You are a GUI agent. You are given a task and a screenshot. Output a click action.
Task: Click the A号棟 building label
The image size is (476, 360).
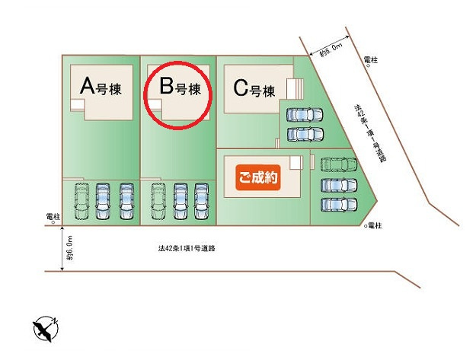101,87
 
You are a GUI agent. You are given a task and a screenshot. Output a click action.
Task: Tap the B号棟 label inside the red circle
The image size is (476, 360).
180,87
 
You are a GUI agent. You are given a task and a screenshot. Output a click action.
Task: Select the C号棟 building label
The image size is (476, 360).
254,88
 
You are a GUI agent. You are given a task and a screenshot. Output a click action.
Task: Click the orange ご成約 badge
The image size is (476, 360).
257,177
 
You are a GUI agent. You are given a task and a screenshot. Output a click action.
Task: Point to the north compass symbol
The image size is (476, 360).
46,329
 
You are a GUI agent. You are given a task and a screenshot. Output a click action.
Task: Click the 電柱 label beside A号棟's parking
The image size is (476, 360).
53,217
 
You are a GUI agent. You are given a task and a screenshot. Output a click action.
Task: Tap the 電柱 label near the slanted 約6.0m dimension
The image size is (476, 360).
371,60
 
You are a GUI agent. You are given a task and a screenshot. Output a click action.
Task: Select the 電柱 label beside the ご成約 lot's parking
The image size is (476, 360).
374,225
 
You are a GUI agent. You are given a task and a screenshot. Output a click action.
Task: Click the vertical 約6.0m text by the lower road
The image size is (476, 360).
70,248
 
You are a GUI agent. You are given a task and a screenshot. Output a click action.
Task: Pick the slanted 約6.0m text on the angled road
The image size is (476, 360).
331,50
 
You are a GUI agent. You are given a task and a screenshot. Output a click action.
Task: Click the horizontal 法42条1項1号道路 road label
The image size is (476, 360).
187,248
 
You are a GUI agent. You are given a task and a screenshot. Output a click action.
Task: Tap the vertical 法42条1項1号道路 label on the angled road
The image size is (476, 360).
370,133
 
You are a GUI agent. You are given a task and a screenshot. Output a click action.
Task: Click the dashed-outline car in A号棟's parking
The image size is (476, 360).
81,201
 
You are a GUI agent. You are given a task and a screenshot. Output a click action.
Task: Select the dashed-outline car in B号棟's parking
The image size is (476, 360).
158,201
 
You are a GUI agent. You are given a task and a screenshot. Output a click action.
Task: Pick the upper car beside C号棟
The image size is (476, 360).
305,115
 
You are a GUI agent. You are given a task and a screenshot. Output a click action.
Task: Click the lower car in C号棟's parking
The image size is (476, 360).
305,134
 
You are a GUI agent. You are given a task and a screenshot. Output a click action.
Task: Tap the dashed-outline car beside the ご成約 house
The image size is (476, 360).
339,164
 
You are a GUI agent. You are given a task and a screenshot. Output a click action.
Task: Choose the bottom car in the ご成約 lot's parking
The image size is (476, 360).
339,205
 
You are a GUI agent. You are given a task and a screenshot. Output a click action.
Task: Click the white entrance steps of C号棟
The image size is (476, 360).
295,88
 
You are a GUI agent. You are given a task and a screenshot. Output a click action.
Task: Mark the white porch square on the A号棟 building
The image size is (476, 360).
78,105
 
